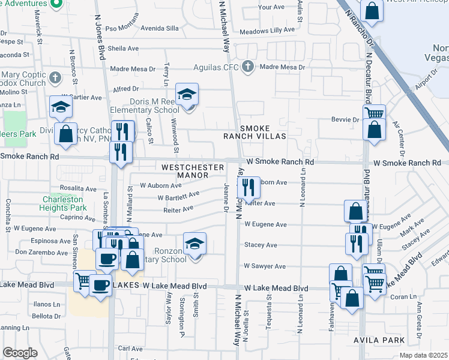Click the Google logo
click(20, 353)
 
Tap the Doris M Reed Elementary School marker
click(187, 95)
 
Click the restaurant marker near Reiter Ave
click(249, 187)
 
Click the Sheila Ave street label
click(124, 49)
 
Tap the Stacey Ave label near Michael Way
click(261, 245)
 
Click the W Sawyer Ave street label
click(265, 266)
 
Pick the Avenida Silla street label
click(159, 28)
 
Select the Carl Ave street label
click(130, 348)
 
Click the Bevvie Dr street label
click(345, 119)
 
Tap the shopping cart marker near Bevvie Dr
click(374, 113)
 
